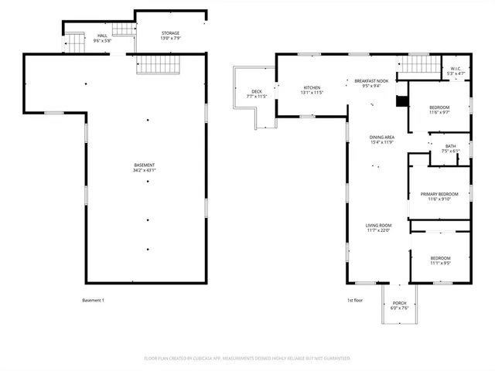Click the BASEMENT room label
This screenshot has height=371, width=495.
145,165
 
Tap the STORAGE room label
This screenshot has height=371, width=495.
170,33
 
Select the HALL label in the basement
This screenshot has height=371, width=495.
101,36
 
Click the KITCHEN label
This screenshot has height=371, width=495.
311,87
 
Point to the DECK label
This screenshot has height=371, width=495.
256,92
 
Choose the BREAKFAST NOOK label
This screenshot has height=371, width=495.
371,80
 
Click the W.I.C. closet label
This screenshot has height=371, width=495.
456,69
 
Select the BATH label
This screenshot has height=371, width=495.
450,146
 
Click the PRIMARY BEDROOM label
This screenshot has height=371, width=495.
439,194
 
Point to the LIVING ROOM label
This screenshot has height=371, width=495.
378,226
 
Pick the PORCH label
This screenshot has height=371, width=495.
399,303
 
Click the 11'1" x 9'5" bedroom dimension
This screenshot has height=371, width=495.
440,263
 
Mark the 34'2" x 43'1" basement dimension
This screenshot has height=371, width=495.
145,170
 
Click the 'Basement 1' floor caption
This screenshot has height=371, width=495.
93,300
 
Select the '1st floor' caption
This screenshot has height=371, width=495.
355,300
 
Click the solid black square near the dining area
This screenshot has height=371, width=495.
400,100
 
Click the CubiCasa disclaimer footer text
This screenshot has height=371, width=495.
247,358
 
